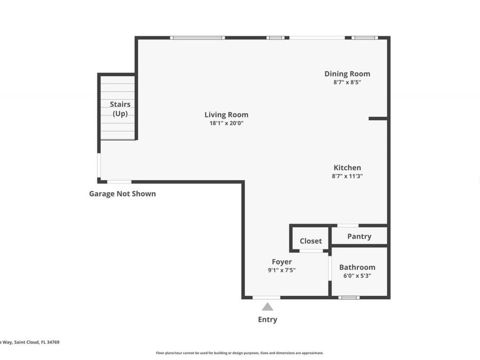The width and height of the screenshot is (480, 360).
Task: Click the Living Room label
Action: click(x=226, y=115)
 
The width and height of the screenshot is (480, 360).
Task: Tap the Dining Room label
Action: click(x=347, y=74)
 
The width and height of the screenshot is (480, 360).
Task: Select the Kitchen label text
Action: click(x=347, y=167)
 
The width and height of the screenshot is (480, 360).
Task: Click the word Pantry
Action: click(x=359, y=236)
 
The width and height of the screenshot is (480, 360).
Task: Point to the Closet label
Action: click(x=310, y=241)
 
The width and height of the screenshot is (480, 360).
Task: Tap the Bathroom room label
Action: click(x=357, y=267)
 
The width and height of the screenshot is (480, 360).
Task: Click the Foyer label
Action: click(x=282, y=262)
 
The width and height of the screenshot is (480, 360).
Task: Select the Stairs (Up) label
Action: click(x=120, y=109)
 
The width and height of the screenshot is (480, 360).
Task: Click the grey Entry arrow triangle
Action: click(x=268, y=307)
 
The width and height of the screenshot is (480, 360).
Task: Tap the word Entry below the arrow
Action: click(x=268, y=319)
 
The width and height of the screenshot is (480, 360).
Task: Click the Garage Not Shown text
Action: click(x=122, y=194)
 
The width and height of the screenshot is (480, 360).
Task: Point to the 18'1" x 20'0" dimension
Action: click(x=226, y=123)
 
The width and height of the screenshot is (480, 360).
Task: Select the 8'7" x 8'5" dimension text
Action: click(x=347, y=83)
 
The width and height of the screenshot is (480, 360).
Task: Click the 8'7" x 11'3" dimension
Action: click(x=347, y=176)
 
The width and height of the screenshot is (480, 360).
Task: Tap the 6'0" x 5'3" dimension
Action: click(x=357, y=276)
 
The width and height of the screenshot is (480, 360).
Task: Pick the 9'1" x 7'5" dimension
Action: click(x=282, y=270)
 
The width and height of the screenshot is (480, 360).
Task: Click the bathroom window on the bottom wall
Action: click(x=349, y=297)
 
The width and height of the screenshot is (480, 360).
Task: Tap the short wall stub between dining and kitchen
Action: click(x=378, y=118)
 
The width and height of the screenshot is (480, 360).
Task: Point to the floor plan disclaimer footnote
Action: click(x=239, y=353)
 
